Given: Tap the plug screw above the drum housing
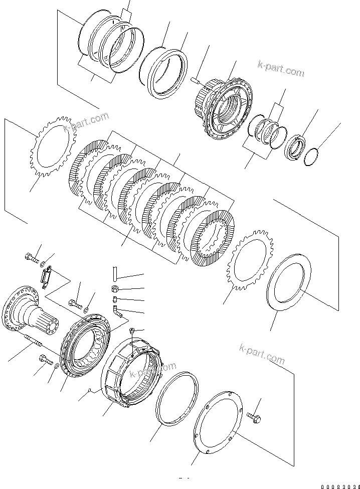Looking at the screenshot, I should tap(131, 331).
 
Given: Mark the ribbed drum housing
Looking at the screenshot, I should tap(133, 372).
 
